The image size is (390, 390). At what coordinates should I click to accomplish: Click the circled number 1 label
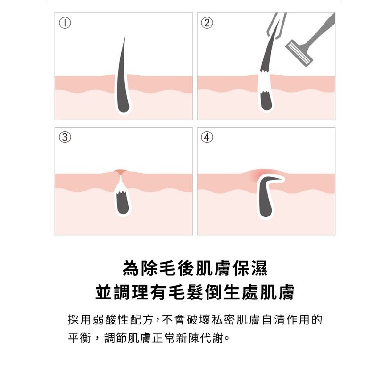(x=65, y=23)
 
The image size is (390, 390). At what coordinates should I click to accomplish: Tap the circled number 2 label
(x=207, y=23)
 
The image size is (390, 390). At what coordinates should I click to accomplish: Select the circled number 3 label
(x=65, y=137)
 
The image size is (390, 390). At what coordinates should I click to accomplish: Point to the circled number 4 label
(x=207, y=137)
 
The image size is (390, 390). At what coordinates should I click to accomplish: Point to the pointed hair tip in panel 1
(x=124, y=37)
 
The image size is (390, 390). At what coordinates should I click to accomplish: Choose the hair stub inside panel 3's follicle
(x=123, y=204)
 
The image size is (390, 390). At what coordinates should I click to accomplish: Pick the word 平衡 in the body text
(x=80, y=338)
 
